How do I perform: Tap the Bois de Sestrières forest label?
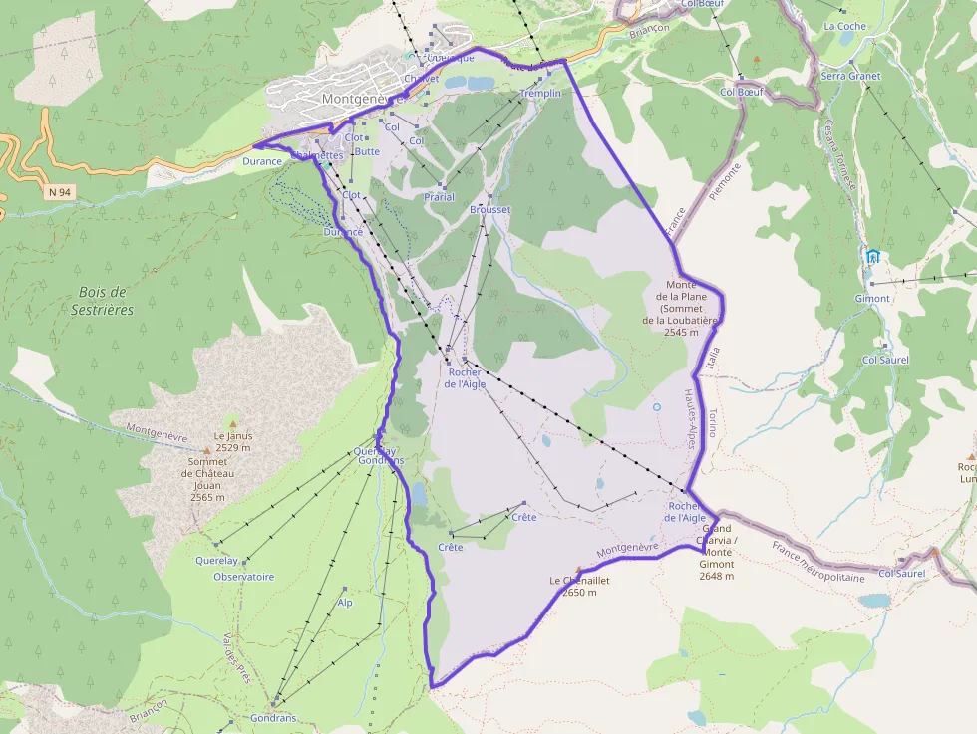point(105,301)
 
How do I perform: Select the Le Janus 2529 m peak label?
point(233,442)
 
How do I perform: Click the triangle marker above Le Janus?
point(233,424)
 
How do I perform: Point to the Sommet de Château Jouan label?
point(207,479)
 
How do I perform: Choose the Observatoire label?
point(244,577)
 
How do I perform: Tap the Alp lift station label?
point(345,603)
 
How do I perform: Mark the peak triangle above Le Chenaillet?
point(578,570)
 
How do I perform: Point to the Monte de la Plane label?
point(687,308)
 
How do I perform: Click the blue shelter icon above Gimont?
point(873,256)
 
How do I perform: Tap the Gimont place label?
point(872,299)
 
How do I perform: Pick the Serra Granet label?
point(850,76)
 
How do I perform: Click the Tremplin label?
point(540,93)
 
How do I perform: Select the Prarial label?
point(439,197)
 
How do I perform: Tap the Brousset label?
point(489,210)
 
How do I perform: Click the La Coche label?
point(844,27)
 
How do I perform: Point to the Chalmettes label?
point(317,155)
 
